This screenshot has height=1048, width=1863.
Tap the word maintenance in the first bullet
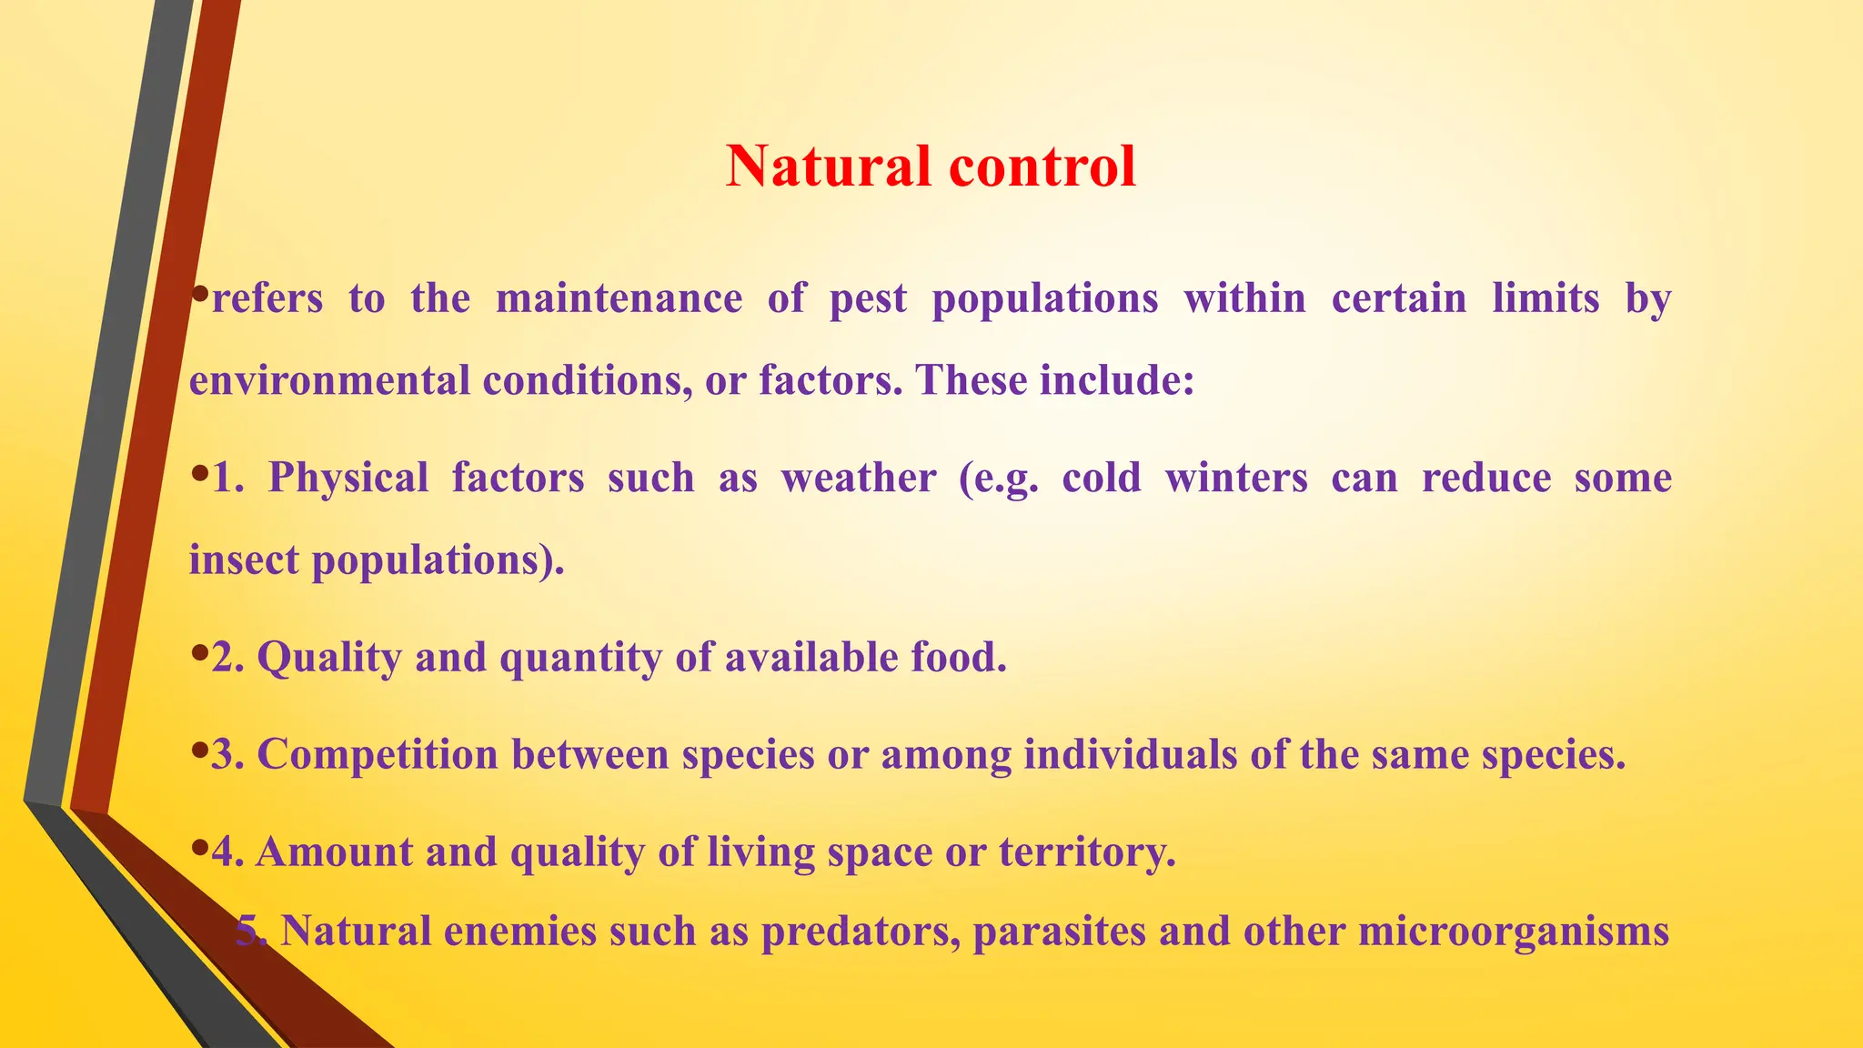tap(619, 298)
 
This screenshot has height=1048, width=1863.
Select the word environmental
tap(329, 380)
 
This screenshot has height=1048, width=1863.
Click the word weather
tap(858, 479)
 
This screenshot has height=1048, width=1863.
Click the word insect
tap(244, 559)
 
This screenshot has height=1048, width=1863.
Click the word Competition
tap(378, 755)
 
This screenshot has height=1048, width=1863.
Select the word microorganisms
tap(1513, 932)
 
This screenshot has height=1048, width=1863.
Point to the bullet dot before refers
tap(200, 294)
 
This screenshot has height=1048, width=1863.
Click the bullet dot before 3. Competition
tap(200, 751)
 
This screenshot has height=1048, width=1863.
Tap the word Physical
tap(347, 479)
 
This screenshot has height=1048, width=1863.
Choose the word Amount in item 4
tap(334, 852)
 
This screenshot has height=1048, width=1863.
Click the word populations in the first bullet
tap(1045, 298)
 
